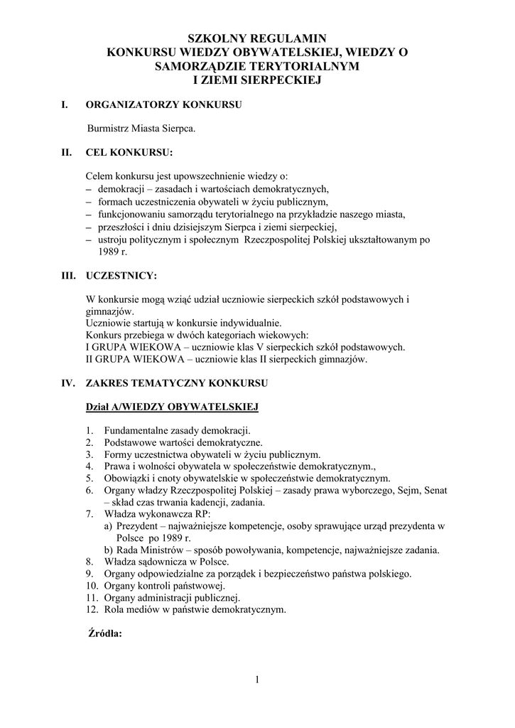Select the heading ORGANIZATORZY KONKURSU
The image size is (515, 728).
[x=163, y=105]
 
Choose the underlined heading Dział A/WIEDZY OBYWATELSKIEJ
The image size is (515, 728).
[x=171, y=407]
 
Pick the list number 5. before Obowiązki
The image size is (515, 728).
[x=90, y=478]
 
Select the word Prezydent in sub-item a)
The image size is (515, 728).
[x=138, y=527]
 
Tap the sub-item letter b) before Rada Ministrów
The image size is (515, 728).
[x=109, y=550]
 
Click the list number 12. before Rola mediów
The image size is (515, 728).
[x=92, y=609]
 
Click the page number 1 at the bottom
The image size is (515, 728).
[x=257, y=680]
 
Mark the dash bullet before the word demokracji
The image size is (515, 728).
[x=89, y=189]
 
